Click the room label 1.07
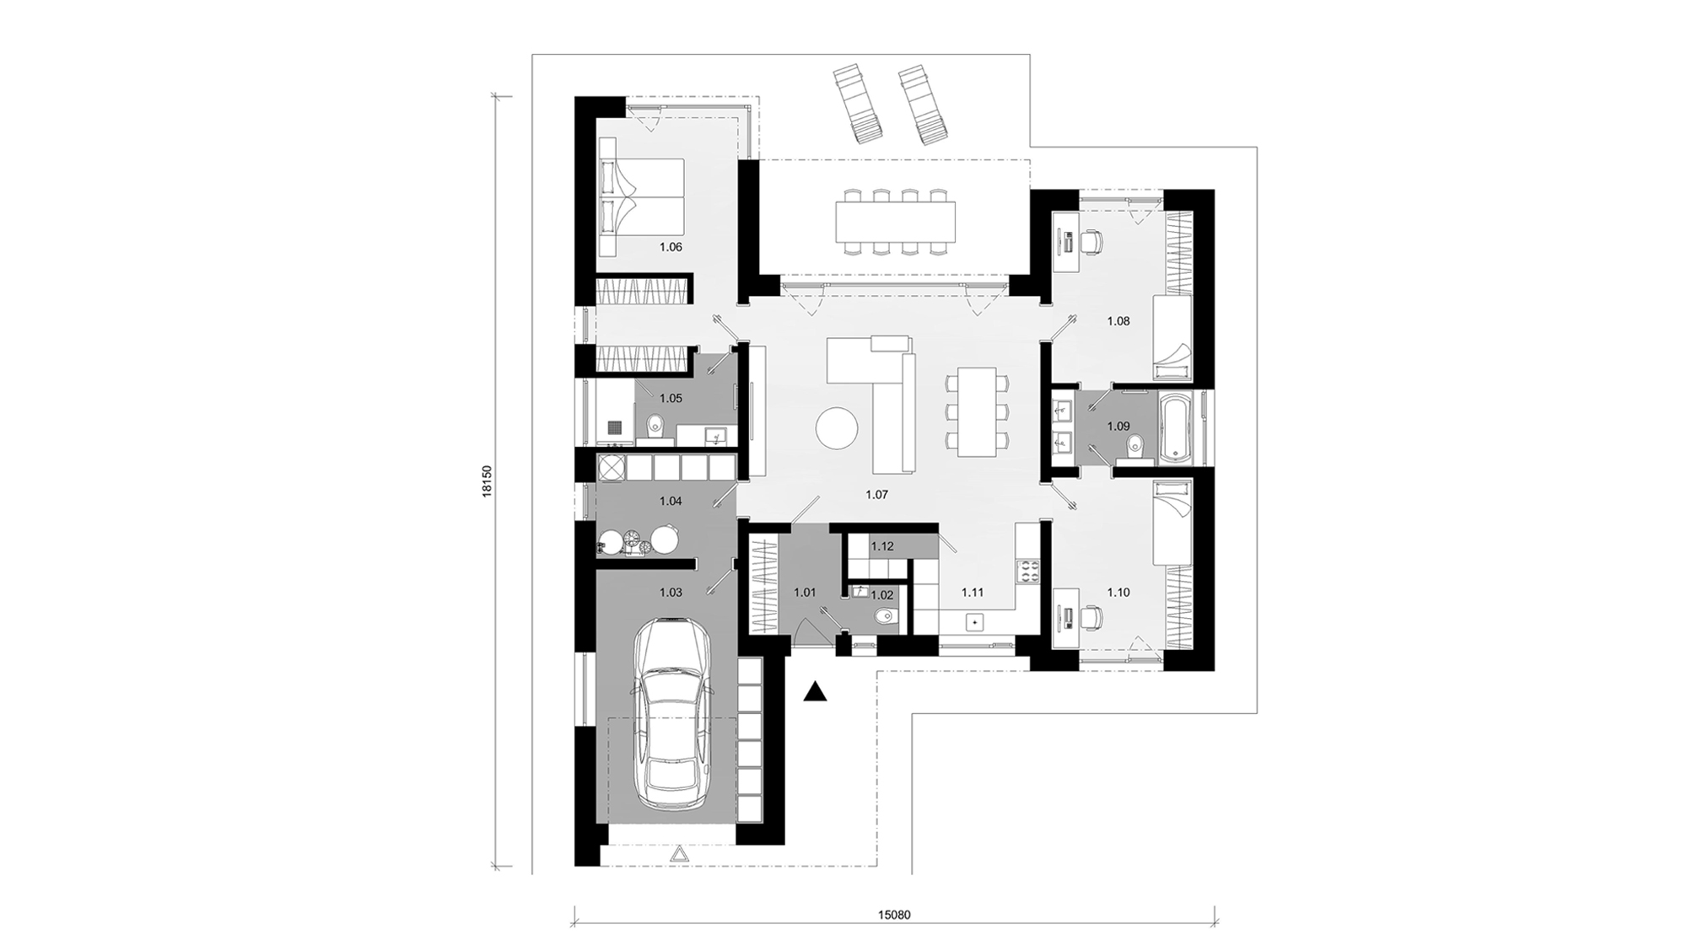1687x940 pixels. [x=877, y=495]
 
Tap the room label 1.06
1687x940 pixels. [x=671, y=248]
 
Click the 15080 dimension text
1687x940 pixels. [x=894, y=914]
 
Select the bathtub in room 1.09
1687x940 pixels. [x=1176, y=428]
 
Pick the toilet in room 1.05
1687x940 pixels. [x=655, y=427]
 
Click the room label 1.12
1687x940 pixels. [x=882, y=546]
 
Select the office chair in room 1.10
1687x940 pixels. [x=1092, y=618]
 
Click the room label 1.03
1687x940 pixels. [x=671, y=593]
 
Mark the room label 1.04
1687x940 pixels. [x=671, y=501]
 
